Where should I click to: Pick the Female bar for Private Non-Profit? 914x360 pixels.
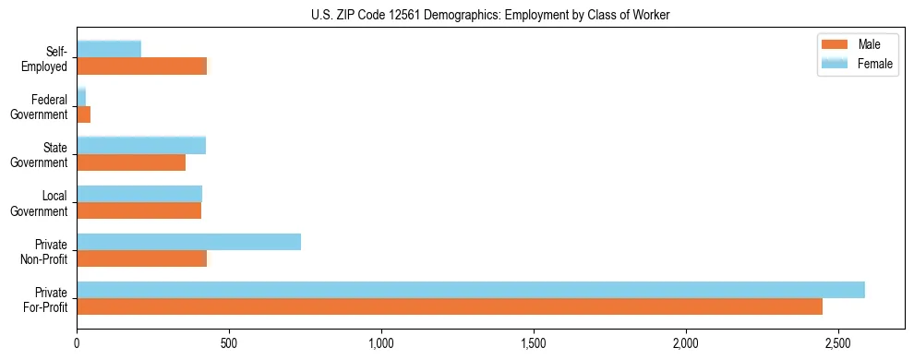coord(188,242)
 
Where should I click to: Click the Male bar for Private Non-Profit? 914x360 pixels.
coord(142,258)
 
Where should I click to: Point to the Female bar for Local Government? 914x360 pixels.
coord(139,194)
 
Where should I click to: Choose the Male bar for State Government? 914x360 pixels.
coord(131,162)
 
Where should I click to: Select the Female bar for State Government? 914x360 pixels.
coord(141,145)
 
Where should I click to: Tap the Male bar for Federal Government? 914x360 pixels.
coord(84,114)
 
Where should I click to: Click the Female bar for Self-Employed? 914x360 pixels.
coord(109,49)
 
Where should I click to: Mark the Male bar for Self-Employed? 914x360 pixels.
coord(142,66)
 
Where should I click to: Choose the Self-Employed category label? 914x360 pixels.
coord(49,58)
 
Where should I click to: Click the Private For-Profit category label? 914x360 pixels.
coord(45,299)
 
